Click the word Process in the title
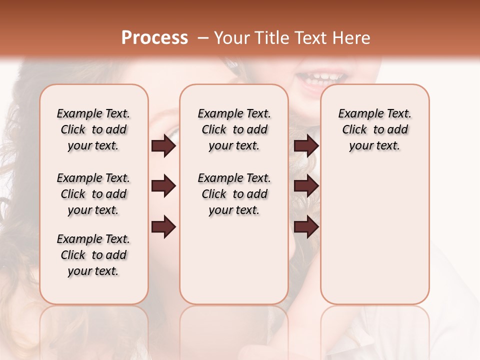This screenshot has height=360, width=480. pos(154,38)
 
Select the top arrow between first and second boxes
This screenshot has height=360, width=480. pos(163,145)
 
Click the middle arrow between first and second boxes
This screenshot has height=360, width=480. pos(163,186)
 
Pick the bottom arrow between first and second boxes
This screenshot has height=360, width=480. pos(163,227)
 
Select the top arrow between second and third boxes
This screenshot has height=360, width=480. pos(306,145)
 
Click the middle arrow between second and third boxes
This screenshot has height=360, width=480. pos(306,186)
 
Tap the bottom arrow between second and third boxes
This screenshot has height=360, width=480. pos(306,227)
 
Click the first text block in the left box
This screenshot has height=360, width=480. pos(93,129)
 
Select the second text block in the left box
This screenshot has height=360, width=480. pos(93,194)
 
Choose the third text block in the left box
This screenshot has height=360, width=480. pos(93,255)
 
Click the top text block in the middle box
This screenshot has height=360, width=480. pos(234,129)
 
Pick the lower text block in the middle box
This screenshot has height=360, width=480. pos(234,194)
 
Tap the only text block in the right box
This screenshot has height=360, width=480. pos(374,129)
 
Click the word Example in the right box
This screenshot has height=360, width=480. pos(358,114)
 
